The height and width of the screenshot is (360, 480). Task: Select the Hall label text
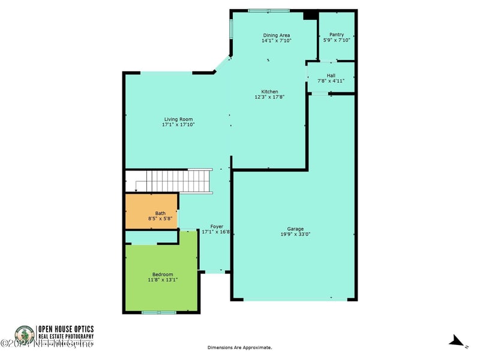[x=331, y=75]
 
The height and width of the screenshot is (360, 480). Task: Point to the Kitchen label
[x=269, y=91]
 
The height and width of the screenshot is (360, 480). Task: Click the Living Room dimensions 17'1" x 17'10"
[x=178, y=125]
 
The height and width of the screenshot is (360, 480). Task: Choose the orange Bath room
[x=151, y=211]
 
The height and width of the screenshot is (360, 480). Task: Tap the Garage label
[x=295, y=229]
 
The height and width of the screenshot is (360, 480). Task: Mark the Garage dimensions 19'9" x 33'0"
[x=295, y=235]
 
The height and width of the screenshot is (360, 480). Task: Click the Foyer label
[x=216, y=226]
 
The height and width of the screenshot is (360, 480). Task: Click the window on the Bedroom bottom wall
[x=159, y=312]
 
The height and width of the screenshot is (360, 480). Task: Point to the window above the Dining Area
[x=269, y=10]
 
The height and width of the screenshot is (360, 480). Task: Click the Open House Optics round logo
[x=25, y=335]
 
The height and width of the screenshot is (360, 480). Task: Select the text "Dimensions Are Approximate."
[x=239, y=347]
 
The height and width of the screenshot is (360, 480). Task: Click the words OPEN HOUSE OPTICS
[x=66, y=329]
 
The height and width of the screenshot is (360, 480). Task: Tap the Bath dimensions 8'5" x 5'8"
[x=160, y=219]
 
